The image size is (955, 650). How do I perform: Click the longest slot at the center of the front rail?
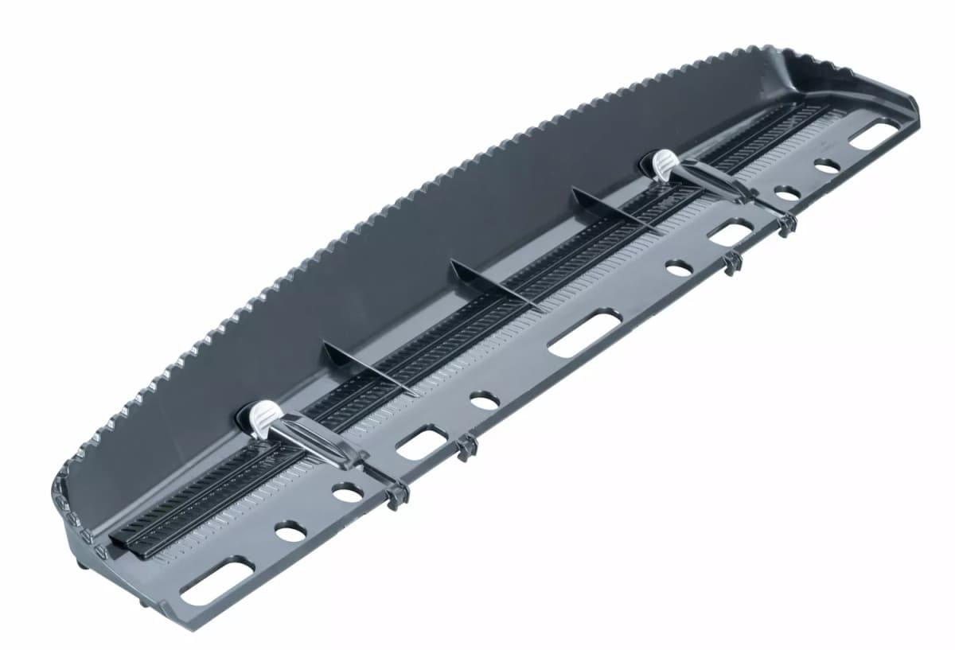click(x=585, y=332)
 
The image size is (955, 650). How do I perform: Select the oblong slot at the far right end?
click(x=873, y=131)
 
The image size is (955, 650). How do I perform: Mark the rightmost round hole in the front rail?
click(x=827, y=166)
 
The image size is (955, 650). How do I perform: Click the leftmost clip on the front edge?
click(x=396, y=496)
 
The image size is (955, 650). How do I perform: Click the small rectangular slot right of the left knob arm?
click(x=422, y=442)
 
